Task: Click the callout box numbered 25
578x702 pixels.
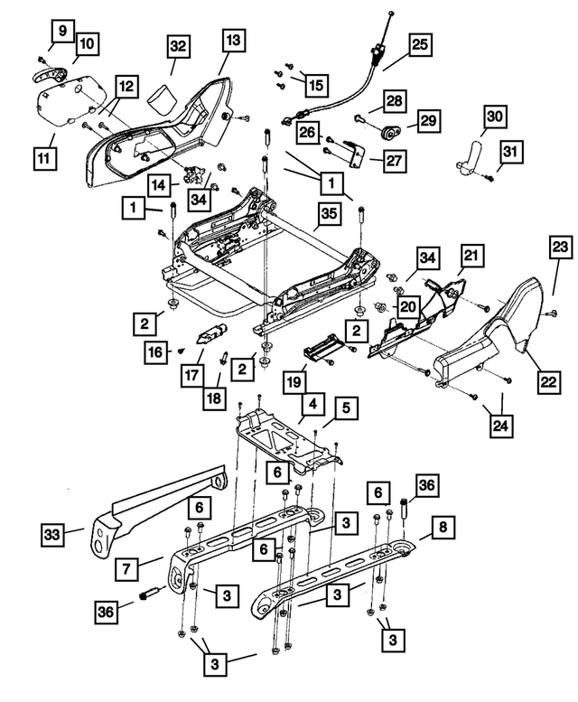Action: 420,43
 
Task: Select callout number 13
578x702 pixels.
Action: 234,40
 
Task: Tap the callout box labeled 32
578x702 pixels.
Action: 178,45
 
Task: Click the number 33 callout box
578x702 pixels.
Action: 54,537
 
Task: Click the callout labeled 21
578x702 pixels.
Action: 471,257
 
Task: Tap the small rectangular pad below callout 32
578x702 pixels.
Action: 163,96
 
